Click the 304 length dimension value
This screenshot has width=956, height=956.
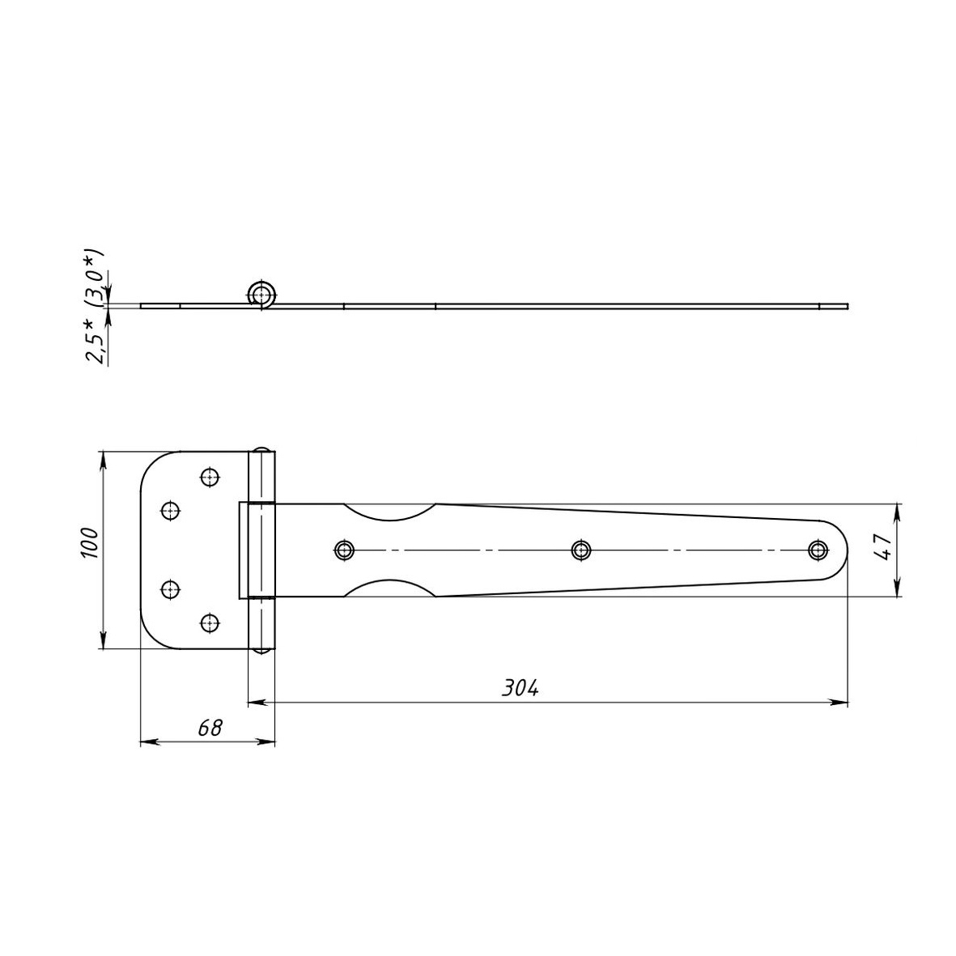click(x=520, y=688)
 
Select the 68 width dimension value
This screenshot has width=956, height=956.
click(x=210, y=728)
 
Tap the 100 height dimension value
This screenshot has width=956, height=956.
click(x=89, y=542)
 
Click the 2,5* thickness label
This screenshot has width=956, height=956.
click(x=96, y=341)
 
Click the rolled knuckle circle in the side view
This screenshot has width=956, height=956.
click(x=263, y=295)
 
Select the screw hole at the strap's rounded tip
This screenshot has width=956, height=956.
click(x=818, y=550)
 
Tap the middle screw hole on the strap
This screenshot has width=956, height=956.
click(x=582, y=550)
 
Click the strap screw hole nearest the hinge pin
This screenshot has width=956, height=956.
click(x=345, y=550)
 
